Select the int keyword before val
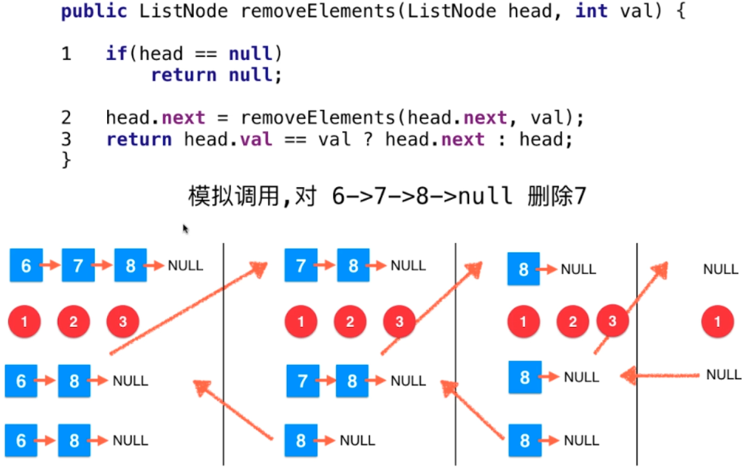[x=591, y=12]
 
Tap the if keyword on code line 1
[x=116, y=54]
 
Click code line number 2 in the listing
[x=66, y=118]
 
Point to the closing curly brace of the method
[x=65, y=159]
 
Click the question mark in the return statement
[x=367, y=139]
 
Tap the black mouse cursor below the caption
[x=185, y=229]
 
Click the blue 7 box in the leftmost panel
[x=78, y=266]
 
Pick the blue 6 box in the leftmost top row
[x=26, y=266]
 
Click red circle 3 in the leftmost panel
[x=123, y=322]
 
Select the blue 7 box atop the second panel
[x=301, y=266]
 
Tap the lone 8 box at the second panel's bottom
[x=301, y=441]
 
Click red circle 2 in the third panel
[x=573, y=322]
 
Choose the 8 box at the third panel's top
[x=523, y=269]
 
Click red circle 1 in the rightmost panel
[x=718, y=322]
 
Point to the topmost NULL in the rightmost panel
[x=721, y=269]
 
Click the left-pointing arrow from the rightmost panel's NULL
[x=660, y=376]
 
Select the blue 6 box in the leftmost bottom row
[x=21, y=441]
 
